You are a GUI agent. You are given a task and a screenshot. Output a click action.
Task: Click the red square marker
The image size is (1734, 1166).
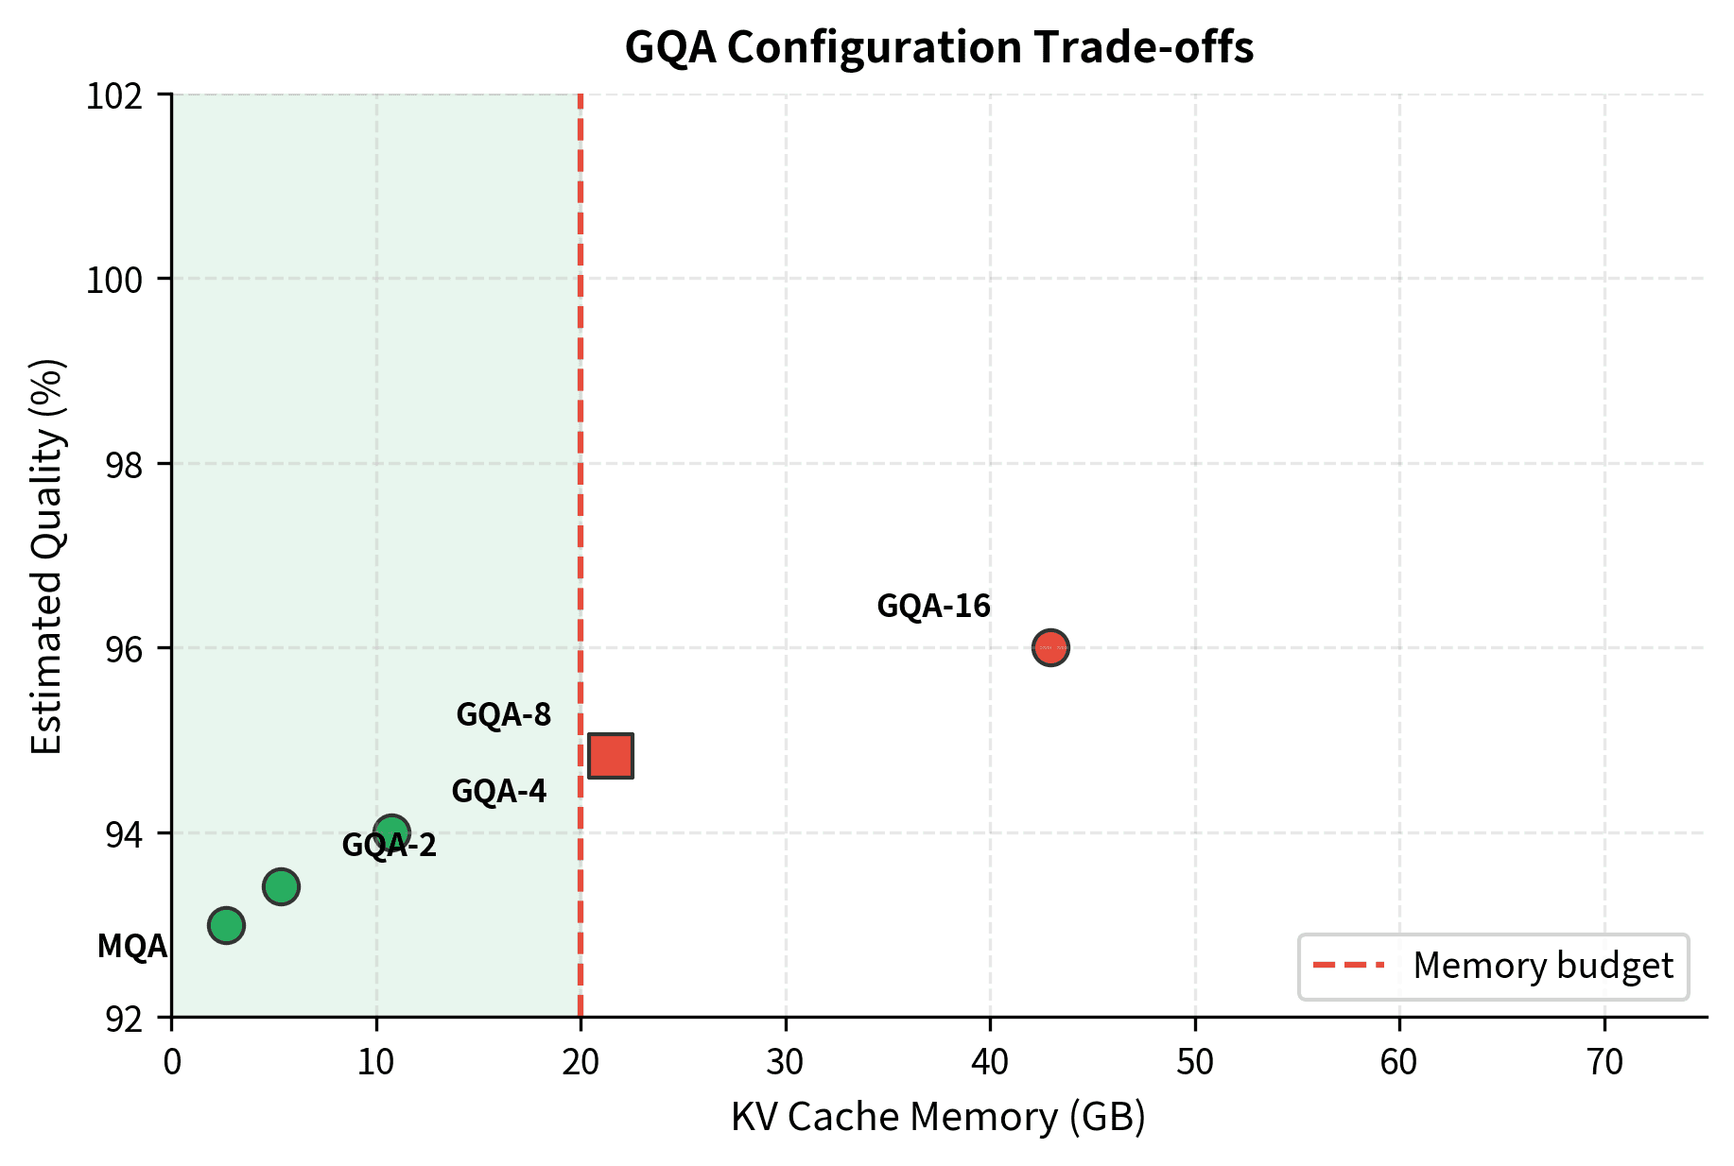610,755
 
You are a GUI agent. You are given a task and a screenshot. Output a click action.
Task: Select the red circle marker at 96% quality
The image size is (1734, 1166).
1050,647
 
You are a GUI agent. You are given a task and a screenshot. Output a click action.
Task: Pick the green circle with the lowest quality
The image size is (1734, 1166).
226,925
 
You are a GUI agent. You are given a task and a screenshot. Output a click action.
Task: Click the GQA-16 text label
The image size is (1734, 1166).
933,606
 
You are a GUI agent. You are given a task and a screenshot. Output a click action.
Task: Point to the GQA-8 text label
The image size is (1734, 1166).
503,714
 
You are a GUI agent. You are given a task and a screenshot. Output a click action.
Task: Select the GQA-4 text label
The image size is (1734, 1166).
498,791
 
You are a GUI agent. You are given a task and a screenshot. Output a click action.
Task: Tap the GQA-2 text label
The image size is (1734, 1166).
389,845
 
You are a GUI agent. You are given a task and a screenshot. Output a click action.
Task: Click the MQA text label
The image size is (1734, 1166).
132,946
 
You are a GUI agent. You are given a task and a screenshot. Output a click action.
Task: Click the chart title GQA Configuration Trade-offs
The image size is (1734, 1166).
939,47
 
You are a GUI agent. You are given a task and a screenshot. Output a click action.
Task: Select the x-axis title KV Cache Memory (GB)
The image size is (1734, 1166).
938,1117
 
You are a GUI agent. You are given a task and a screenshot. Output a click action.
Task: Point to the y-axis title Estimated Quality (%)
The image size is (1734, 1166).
47,556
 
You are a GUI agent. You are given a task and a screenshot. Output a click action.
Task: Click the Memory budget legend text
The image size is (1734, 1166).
1543,966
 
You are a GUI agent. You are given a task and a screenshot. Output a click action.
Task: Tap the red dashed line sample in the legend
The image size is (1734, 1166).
1348,966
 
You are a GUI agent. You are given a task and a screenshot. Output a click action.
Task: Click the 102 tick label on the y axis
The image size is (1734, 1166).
114,95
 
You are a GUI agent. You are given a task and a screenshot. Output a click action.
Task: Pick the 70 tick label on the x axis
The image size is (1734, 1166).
1604,1063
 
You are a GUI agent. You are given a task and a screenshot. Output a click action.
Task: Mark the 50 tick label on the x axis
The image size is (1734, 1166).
1195,1063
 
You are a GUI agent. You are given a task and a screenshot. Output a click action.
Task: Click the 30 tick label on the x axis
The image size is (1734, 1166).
786,1063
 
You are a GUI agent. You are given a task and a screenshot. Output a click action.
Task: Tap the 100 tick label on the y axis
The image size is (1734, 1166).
114,280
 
